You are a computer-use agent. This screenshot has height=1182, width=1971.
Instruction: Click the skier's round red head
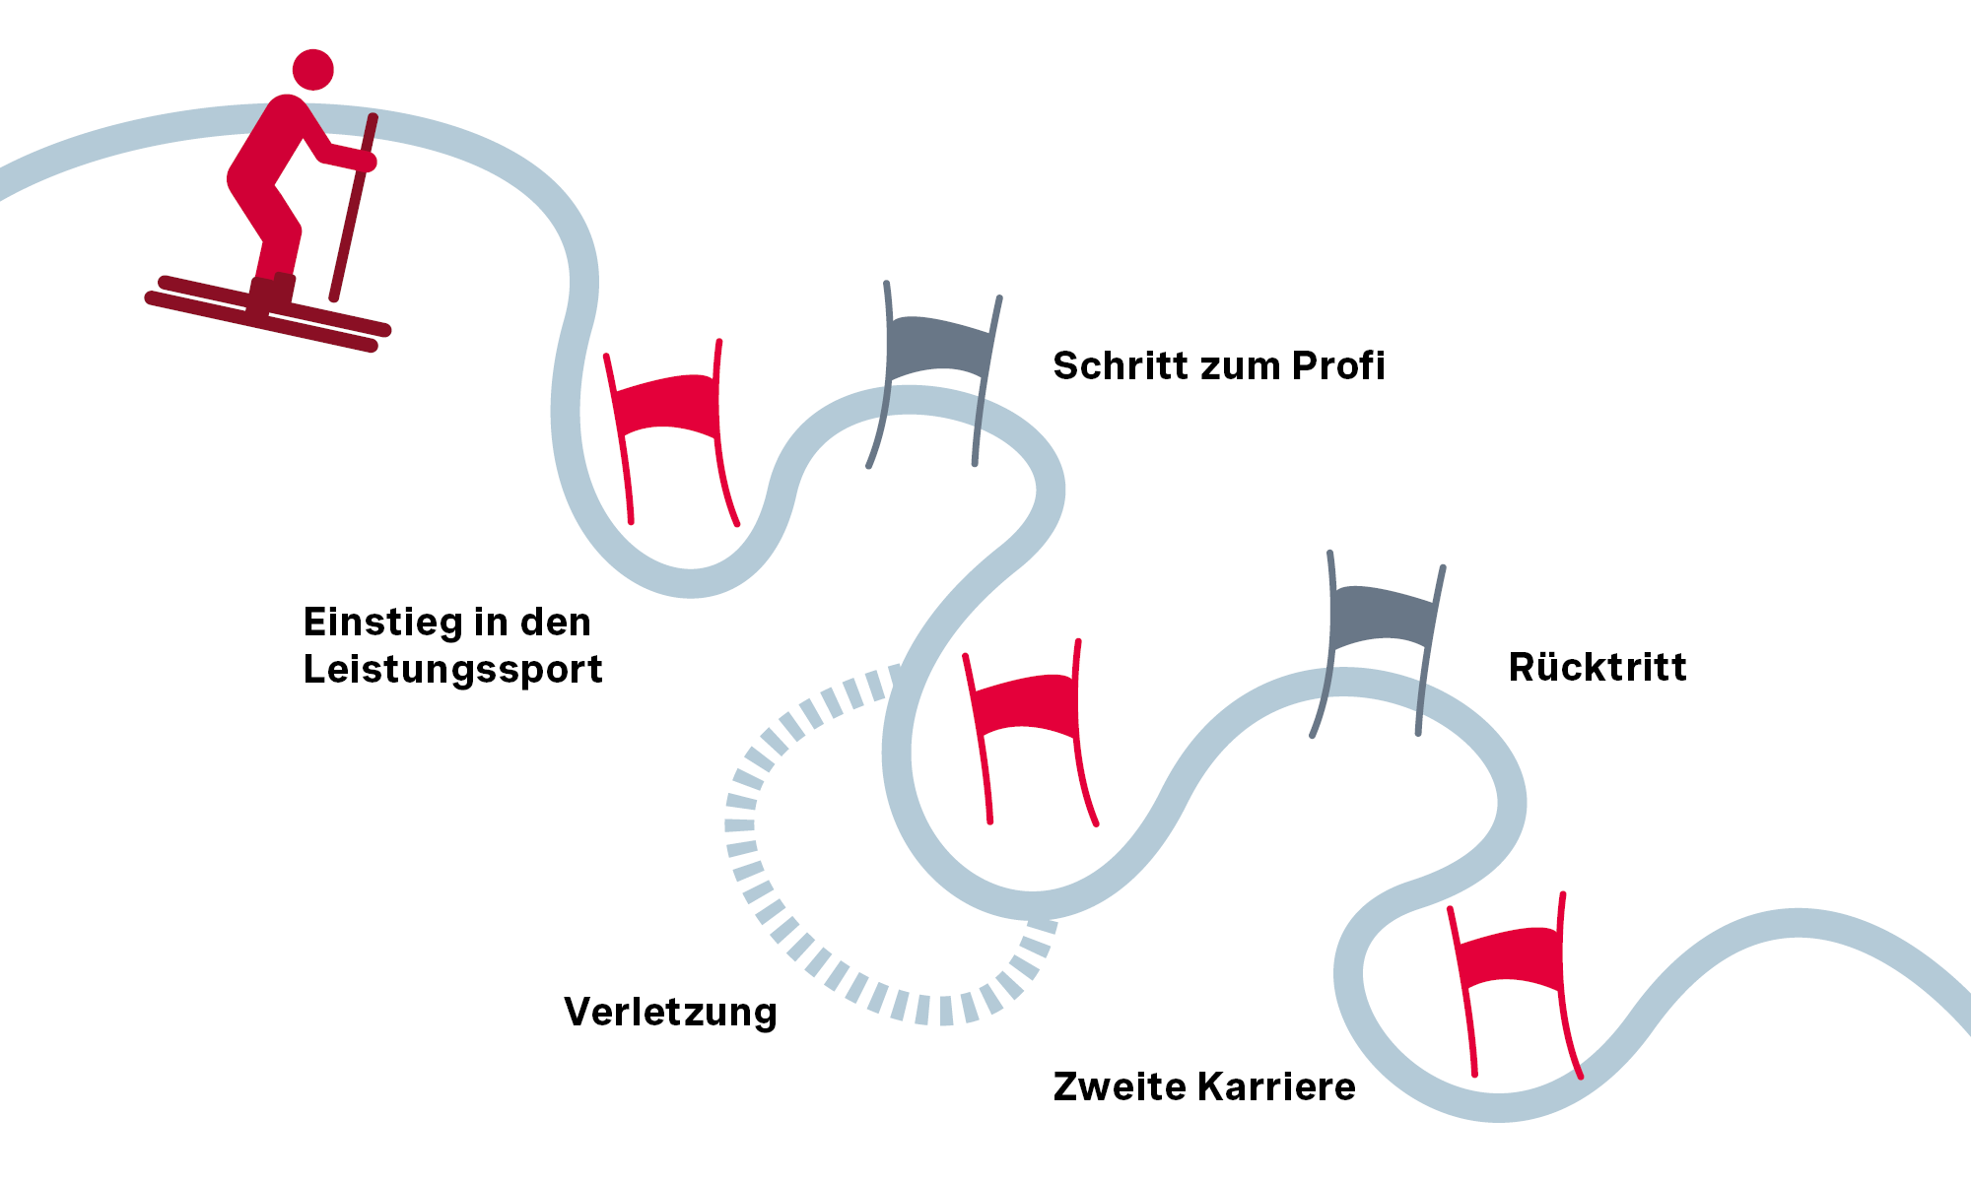point(313,70)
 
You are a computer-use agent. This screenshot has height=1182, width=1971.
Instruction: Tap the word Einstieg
point(382,623)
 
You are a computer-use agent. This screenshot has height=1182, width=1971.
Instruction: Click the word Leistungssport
point(452,670)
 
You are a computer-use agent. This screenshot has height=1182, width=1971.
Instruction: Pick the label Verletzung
point(670,1013)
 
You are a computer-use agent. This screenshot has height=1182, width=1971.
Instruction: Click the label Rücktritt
point(1597,667)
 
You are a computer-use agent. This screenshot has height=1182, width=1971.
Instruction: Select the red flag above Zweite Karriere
point(1510,956)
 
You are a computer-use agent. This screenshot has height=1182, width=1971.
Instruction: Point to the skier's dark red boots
point(272,293)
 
